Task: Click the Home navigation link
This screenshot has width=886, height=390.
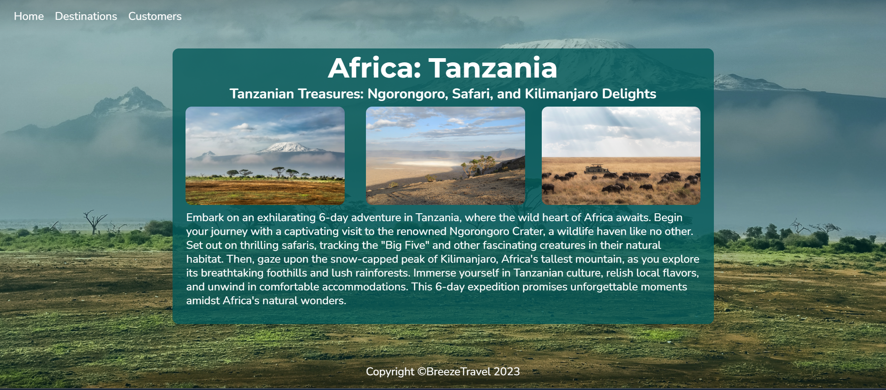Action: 29,17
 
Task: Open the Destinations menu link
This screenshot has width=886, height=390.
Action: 86,17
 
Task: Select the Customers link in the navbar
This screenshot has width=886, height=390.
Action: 155,17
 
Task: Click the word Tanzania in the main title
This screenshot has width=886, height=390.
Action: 493,68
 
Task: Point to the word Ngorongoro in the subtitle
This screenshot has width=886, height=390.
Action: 407,94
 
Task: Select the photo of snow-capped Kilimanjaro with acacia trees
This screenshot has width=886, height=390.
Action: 265,156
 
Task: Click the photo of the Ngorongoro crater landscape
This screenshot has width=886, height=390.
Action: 445,156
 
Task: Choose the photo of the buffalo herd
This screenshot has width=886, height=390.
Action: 621,156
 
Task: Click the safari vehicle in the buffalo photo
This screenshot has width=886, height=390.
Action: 596,169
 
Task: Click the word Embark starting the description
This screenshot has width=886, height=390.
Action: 205,217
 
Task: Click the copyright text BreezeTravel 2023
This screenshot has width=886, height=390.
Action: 473,372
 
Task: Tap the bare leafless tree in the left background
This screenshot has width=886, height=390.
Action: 95,222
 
